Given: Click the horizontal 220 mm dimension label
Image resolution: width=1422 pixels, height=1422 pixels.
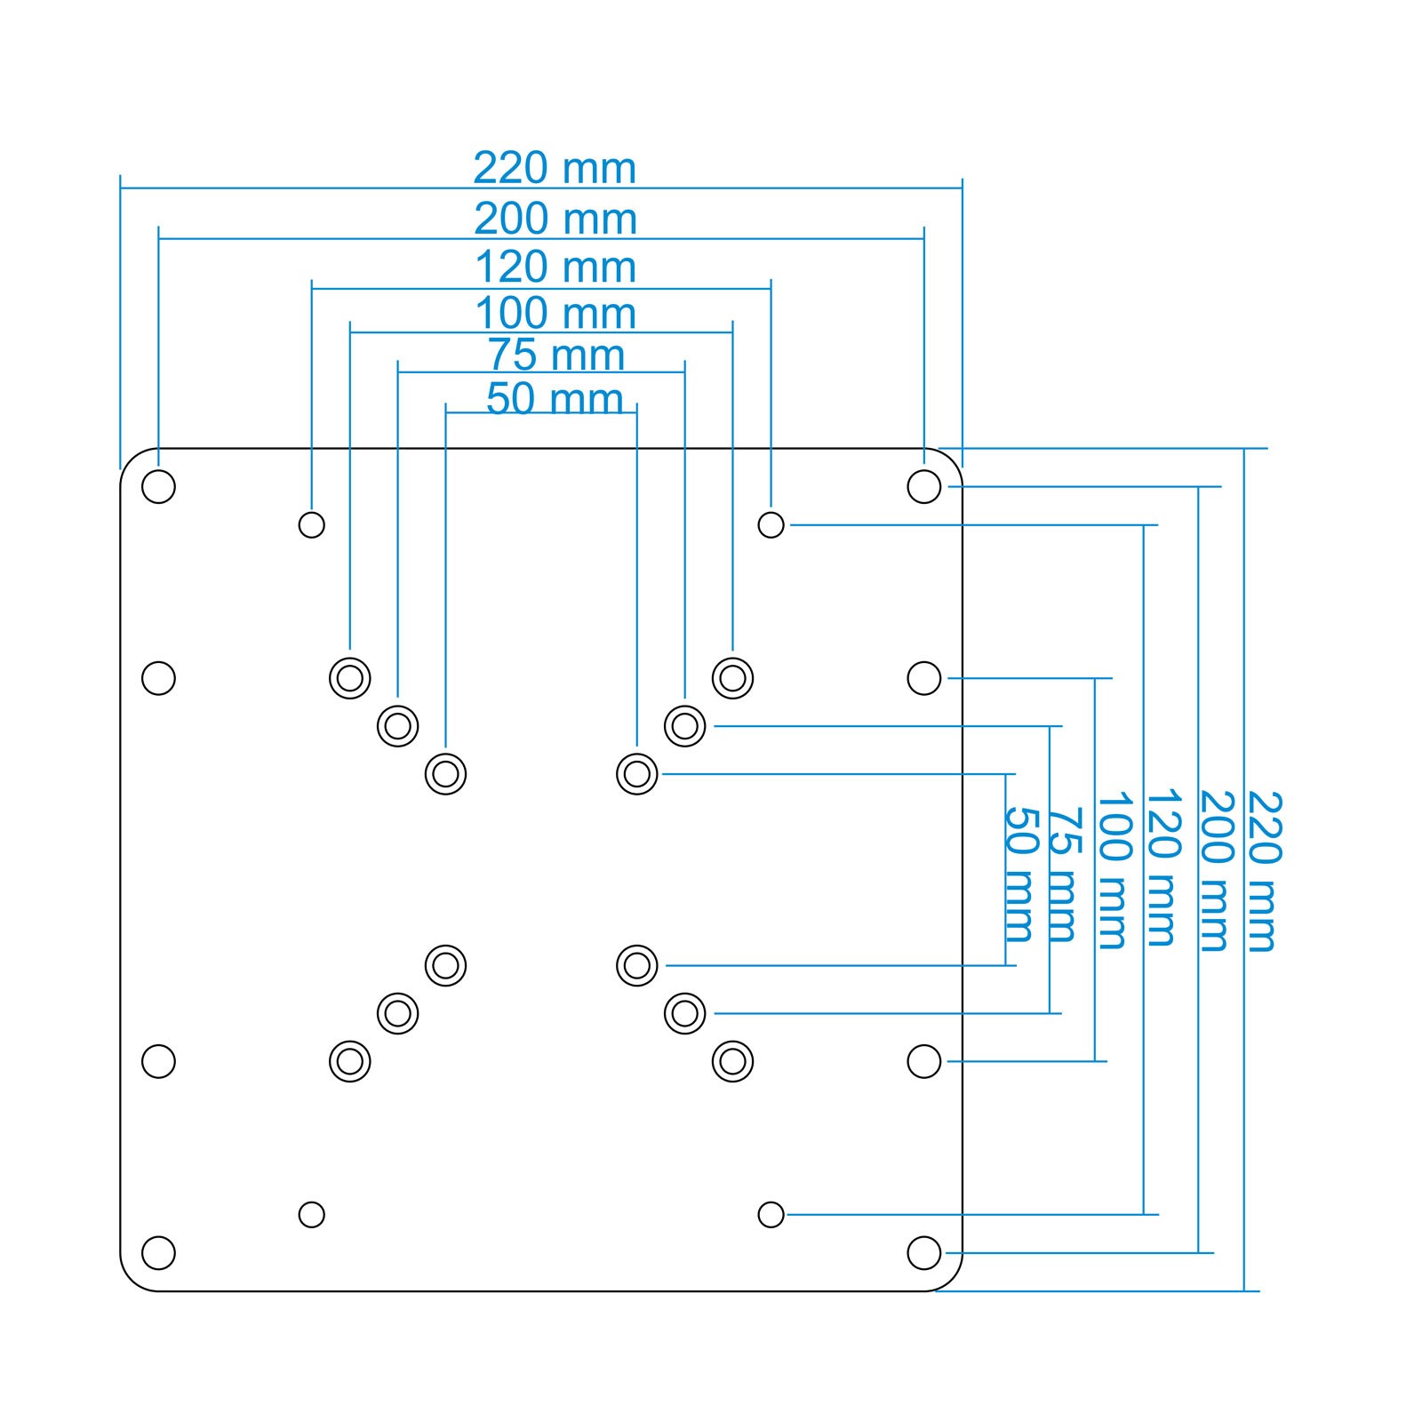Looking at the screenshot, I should click(555, 168).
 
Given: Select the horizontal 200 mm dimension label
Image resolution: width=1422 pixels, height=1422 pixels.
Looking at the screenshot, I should click(555, 219).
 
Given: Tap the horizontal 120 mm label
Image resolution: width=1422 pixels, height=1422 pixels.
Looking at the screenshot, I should click(555, 268).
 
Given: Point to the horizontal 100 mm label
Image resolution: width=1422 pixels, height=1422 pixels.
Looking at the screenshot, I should click(555, 314).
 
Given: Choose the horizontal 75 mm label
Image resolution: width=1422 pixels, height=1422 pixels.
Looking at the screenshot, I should click(556, 355).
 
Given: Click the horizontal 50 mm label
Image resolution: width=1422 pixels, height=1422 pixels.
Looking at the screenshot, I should click(555, 399).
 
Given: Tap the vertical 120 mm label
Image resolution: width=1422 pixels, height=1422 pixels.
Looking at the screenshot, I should click(1162, 867).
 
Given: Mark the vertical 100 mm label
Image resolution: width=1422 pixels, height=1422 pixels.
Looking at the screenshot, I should click(1113, 871).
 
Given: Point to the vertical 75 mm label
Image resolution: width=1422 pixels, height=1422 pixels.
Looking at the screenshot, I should click(1064, 875).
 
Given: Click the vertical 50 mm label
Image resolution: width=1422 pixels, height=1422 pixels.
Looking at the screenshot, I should click(1019, 875).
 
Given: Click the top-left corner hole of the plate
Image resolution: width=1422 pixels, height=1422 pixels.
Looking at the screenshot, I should click(158, 486).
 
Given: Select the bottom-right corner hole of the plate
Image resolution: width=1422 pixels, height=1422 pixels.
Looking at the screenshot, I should click(924, 1252).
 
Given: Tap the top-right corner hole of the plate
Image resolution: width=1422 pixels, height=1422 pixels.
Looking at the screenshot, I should click(924, 486).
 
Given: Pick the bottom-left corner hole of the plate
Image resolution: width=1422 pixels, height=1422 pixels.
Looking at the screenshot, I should click(158, 1252).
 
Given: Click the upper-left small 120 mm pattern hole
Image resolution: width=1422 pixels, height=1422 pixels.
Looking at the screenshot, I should click(311, 524).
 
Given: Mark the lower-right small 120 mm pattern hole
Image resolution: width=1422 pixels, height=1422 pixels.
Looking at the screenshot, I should click(771, 1214).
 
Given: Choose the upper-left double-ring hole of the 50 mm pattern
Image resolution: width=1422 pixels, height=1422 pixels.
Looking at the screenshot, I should click(445, 773).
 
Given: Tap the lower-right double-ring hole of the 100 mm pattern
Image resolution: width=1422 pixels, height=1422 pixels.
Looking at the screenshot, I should click(732, 1060).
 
